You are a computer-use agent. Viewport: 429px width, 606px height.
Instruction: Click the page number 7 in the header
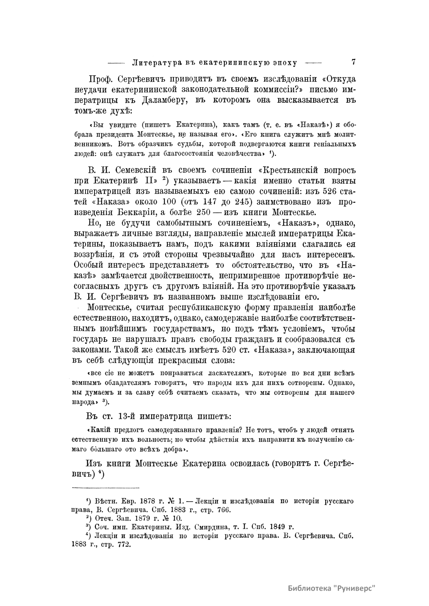click(353, 62)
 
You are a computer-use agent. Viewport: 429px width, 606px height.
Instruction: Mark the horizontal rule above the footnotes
click(106, 488)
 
